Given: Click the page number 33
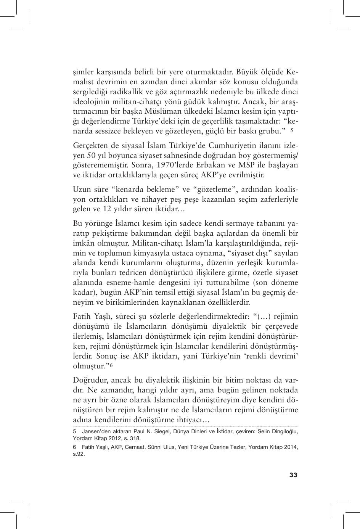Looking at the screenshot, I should coord(293,475).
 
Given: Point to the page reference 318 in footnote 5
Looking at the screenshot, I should coord(135,438).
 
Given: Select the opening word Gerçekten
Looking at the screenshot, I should coord(88,146).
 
